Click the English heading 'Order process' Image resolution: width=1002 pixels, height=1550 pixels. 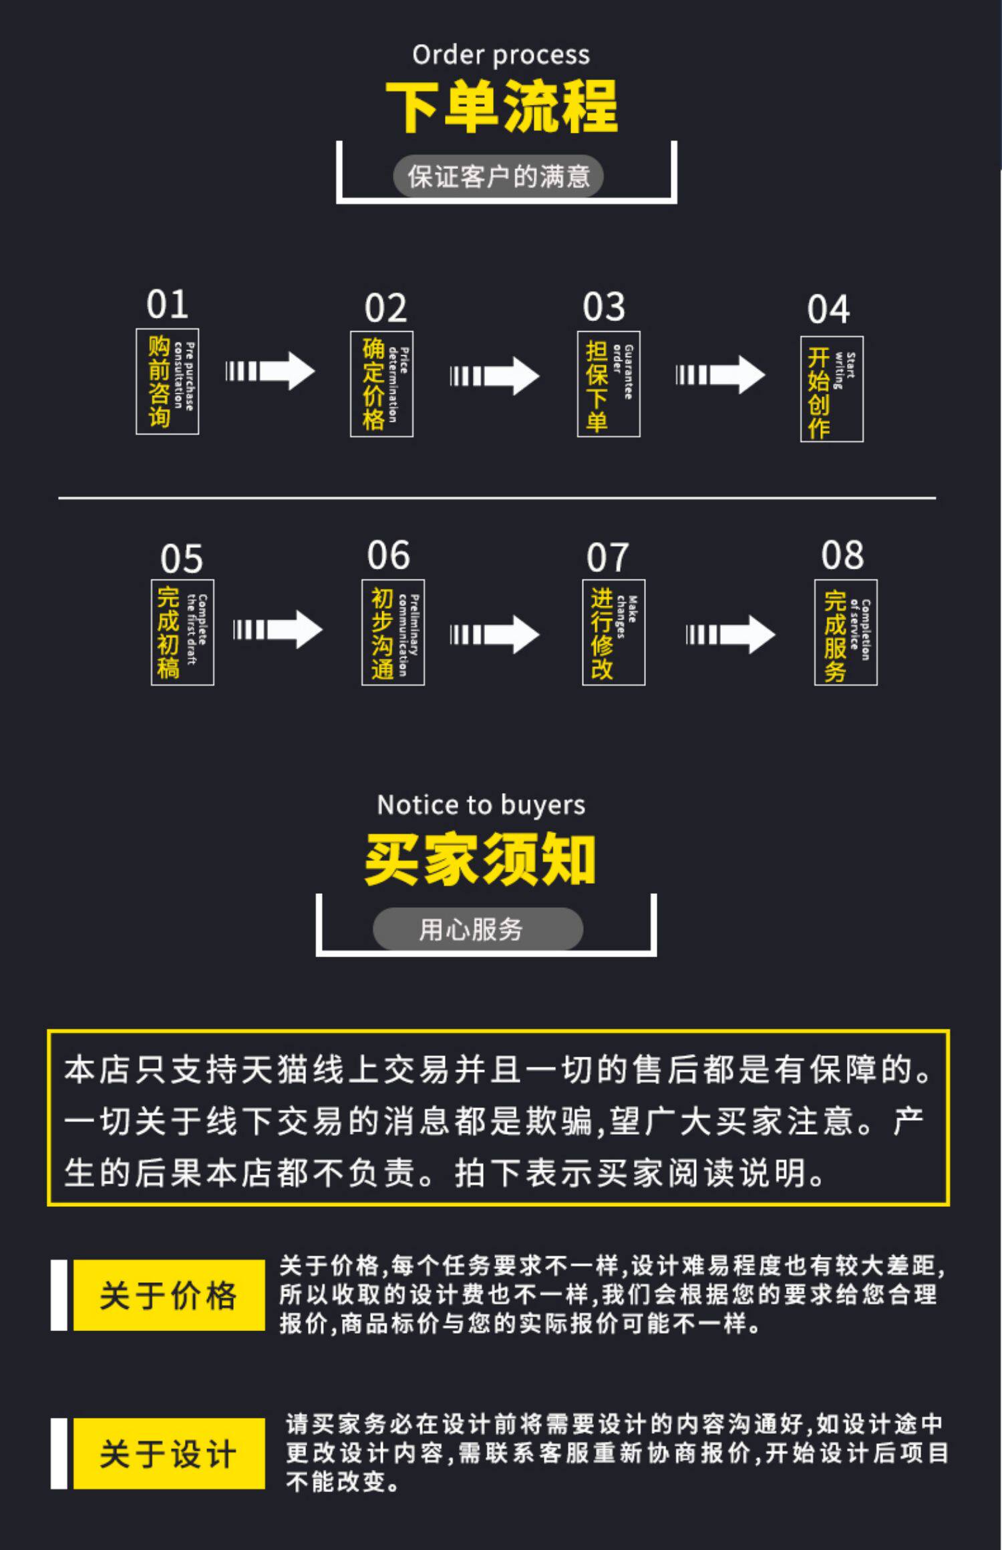click(500, 55)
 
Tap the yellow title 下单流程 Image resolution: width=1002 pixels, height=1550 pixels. click(501, 107)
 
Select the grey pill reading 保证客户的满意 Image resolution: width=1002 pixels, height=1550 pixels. click(498, 177)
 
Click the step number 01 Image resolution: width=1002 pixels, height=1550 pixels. click(167, 304)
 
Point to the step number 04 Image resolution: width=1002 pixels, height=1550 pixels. click(828, 310)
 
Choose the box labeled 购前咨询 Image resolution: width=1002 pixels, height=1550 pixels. click(167, 382)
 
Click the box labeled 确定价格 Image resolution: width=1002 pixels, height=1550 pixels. click(381, 384)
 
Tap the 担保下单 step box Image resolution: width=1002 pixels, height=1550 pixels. click(609, 384)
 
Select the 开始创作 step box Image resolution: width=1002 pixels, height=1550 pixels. click(832, 389)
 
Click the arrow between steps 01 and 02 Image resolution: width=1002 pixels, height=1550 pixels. click(270, 371)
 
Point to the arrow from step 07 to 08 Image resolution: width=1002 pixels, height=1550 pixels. click(730, 634)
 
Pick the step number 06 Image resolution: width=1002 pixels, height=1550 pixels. click(388, 555)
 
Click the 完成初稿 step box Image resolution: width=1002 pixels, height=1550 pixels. click(182, 632)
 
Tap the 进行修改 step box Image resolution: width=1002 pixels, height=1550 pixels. click(613, 632)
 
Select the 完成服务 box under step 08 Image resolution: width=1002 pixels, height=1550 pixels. click(846, 632)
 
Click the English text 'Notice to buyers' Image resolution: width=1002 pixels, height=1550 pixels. click(481, 805)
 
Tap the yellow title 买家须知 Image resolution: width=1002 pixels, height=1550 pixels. click(480, 860)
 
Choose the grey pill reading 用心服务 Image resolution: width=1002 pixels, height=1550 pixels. click(478, 929)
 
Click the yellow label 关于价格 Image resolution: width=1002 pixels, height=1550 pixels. click(168, 1296)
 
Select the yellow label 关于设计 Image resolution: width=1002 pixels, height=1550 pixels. click(168, 1453)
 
